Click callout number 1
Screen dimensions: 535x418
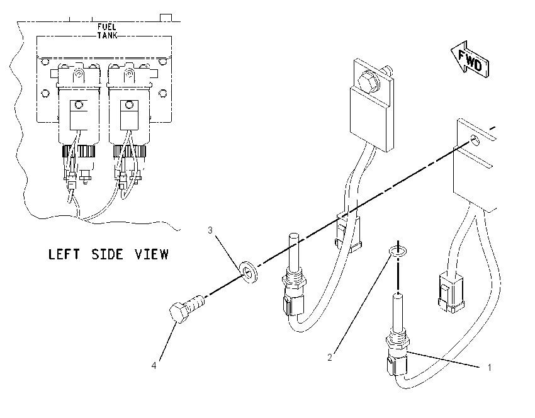tap(490, 368)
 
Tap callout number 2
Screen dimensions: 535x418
tap(330, 358)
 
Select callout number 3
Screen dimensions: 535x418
tap(210, 230)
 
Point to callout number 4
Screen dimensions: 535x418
tap(154, 366)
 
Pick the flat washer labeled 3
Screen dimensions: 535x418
tap(249, 270)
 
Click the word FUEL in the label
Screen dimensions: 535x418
tap(107, 26)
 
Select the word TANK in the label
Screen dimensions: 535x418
tap(107, 35)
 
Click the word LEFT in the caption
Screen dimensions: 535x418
tap(64, 254)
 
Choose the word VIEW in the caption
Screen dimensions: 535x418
tap(152, 254)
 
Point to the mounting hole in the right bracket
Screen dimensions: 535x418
tap(475, 140)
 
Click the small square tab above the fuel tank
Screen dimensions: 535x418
tap(166, 18)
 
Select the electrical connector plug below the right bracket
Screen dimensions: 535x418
tap(451, 291)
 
